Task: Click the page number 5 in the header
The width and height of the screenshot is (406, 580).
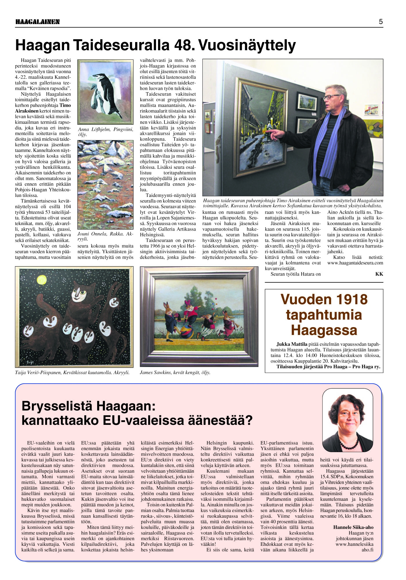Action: click(x=380, y=22)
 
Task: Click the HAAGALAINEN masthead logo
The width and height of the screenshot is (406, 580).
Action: click(x=37, y=22)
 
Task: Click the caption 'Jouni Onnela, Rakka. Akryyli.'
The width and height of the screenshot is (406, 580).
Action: click(x=105, y=236)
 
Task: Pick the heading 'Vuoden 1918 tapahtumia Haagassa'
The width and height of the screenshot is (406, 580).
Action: click(x=324, y=315)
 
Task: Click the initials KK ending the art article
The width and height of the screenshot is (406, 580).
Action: click(x=379, y=274)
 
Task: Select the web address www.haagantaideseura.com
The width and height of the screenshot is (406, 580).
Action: click(x=355, y=263)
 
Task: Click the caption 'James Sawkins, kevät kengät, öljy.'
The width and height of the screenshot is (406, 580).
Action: click(x=175, y=373)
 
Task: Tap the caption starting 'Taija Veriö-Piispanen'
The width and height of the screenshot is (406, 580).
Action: click(x=72, y=373)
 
